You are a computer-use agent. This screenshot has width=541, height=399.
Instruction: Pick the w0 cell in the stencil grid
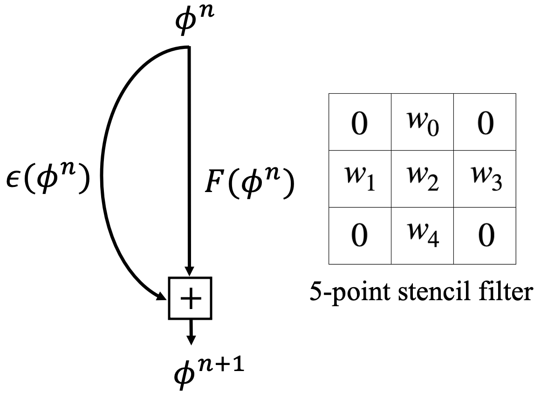pos(421,122)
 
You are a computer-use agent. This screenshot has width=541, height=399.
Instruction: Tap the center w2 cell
pos(421,179)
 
